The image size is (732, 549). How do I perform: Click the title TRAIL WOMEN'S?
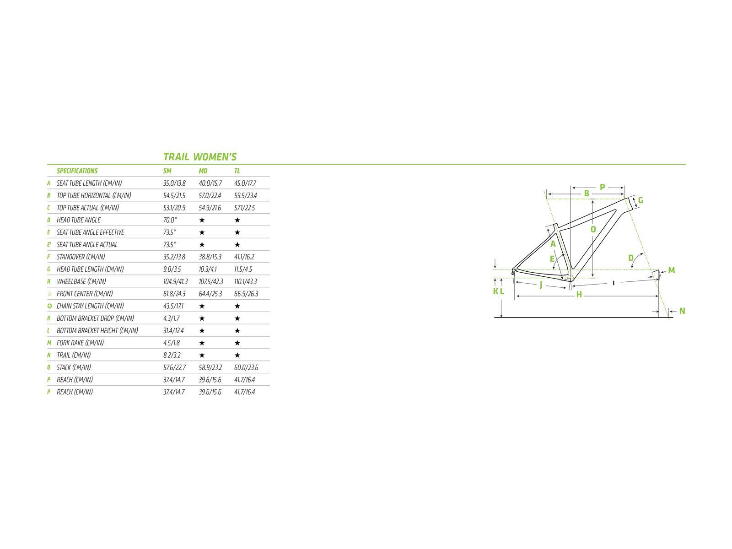tap(200, 157)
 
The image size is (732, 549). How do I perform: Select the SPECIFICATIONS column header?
tap(77, 171)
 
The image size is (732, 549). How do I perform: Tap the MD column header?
tap(203, 171)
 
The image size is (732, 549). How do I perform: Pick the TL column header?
tap(237, 171)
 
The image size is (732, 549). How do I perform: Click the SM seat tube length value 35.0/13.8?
tap(174, 183)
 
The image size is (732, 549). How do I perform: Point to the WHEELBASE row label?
tap(81, 282)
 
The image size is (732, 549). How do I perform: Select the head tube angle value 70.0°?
tap(170, 220)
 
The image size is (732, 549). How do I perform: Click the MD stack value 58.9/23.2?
tap(210, 367)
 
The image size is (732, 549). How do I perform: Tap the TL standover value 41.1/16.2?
tap(244, 257)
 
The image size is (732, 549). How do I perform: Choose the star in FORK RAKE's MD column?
tap(202, 343)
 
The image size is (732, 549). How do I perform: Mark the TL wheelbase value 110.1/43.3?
tap(245, 282)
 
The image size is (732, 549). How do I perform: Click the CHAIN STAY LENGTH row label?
tap(90, 306)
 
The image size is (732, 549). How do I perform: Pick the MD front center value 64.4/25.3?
tap(210, 294)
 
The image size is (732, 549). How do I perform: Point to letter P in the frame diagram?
tap(602, 187)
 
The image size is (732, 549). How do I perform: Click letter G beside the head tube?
tap(640, 200)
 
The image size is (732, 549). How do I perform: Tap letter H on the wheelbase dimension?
tap(579, 295)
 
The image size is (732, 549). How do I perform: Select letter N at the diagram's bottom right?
tap(682, 311)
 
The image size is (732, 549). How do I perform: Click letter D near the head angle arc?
tap(631, 258)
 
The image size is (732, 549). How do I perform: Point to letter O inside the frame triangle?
tap(593, 230)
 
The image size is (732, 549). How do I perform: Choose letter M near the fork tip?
tap(672, 270)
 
